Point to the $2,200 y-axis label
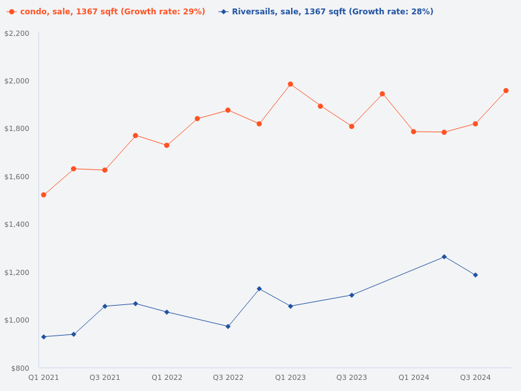point(17,33)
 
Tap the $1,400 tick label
point(17,224)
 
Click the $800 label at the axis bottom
point(20,368)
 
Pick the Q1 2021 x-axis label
point(44,377)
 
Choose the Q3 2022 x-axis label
point(228,377)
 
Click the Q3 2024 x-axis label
point(475,377)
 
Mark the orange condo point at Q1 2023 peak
point(290,84)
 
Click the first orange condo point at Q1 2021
point(44,195)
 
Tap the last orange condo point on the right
point(506,91)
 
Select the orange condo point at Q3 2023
point(352,126)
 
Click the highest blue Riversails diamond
point(444,257)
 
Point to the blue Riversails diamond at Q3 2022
point(228,326)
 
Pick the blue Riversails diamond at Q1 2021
point(44,337)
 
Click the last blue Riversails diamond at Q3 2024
point(475,275)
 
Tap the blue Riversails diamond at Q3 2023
point(352,295)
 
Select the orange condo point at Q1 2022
point(167,145)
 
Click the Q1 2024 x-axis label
point(414,377)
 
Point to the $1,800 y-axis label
point(17,128)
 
